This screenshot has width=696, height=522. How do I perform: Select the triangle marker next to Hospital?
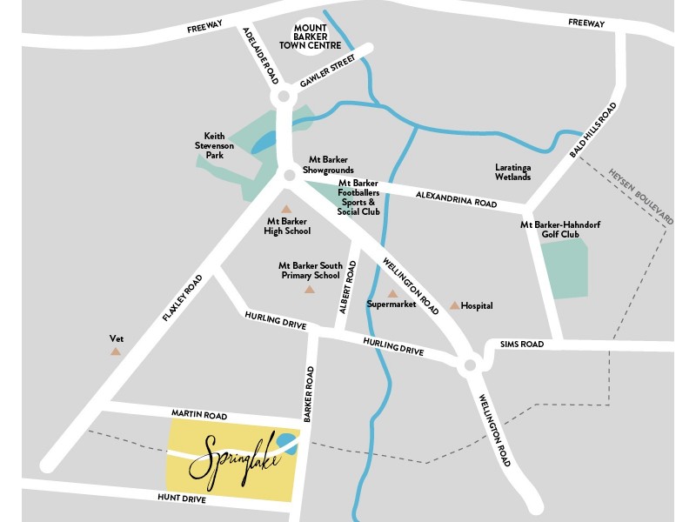pos(454,305)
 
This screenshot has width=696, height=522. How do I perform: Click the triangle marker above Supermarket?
pos(392,293)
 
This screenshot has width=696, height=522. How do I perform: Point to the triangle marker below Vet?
pos(116,351)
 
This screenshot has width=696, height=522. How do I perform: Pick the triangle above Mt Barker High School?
pos(286,209)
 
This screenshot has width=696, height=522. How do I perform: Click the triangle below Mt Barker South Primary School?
pos(310,289)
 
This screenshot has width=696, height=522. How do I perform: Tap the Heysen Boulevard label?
pos(642,197)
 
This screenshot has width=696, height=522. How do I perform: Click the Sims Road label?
pos(522,345)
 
